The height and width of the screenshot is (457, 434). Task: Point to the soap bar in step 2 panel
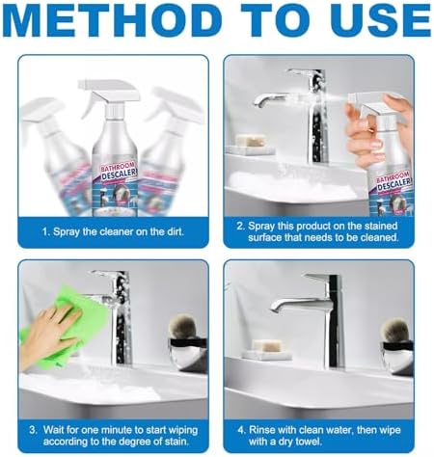click(x=252, y=141)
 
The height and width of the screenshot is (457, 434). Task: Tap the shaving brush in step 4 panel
click(x=395, y=330)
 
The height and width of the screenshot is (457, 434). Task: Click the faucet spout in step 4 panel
click(x=296, y=306)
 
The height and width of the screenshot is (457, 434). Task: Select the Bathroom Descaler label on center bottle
click(x=118, y=174)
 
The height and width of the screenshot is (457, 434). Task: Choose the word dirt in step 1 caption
click(x=176, y=231)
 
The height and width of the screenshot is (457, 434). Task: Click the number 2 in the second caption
click(x=240, y=227)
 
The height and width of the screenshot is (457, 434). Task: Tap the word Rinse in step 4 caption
click(x=262, y=430)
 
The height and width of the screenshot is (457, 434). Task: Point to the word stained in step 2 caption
click(x=381, y=226)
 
